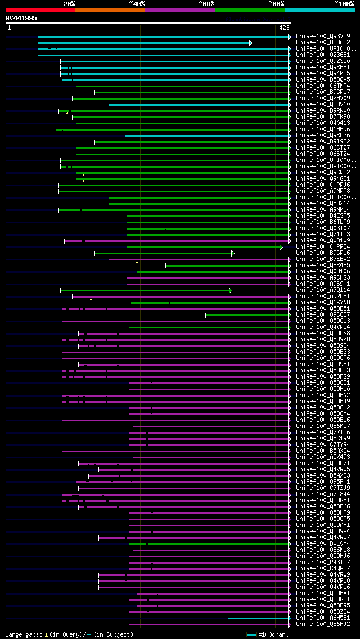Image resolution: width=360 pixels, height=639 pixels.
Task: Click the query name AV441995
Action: (21, 18)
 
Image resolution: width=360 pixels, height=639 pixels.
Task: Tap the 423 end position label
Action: (284, 27)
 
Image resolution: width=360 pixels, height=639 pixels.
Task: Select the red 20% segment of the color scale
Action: (40, 10)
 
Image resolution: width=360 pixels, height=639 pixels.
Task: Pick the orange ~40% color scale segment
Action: (110, 10)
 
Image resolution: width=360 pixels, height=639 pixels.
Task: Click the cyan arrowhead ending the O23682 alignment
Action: (251, 43)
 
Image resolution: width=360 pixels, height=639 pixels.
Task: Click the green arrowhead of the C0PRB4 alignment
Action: (281, 247)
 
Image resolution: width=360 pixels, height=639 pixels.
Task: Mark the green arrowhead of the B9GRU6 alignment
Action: (232, 253)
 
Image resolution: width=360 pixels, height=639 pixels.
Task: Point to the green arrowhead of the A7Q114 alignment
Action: (230, 290)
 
